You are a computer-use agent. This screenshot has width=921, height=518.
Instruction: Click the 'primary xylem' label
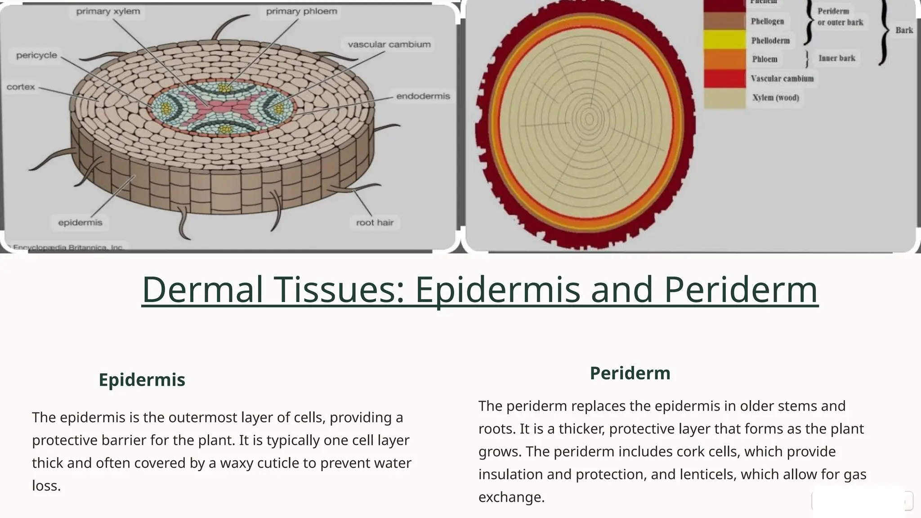coord(108,11)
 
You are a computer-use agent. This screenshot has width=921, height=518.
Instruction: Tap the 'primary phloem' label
coord(301,11)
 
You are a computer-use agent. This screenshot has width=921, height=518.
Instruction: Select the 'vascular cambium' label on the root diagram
coord(389,45)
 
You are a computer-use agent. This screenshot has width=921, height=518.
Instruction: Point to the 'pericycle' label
coord(36,55)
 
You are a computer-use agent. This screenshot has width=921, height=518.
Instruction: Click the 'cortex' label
coord(21,87)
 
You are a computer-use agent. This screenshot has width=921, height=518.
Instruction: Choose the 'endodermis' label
coord(423,96)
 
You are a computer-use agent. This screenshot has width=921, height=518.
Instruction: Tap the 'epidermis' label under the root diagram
coord(80,223)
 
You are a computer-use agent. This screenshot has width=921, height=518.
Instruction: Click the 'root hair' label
coord(375,223)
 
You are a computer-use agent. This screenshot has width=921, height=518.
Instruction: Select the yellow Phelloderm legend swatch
coord(724,40)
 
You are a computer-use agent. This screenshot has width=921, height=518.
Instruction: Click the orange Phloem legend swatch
coord(724,59)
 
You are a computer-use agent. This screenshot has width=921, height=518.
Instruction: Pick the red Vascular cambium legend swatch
coord(724,79)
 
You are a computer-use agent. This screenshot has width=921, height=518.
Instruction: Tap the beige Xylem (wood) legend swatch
coord(724,98)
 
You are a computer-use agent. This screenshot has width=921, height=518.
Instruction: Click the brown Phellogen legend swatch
coord(724,21)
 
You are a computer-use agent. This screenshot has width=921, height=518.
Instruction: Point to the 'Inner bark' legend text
coord(836,58)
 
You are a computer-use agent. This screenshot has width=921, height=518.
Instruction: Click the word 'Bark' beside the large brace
coord(904,30)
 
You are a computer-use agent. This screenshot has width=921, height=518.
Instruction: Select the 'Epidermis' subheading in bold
coord(142,380)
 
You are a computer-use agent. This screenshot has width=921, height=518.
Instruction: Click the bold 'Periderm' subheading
coord(630,373)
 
